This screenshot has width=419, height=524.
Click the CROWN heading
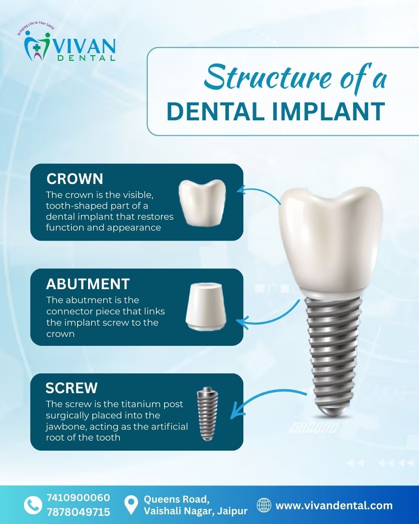75,179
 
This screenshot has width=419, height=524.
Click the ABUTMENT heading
88,284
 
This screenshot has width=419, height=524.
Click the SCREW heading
71,388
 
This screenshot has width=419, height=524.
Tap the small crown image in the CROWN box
202,203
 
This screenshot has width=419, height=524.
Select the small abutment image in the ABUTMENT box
206,307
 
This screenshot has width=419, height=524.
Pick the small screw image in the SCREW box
208,414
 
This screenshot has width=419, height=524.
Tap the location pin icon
131,506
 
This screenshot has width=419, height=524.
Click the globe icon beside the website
264,505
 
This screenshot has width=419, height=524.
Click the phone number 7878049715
78,512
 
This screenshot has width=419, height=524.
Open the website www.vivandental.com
334,505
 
